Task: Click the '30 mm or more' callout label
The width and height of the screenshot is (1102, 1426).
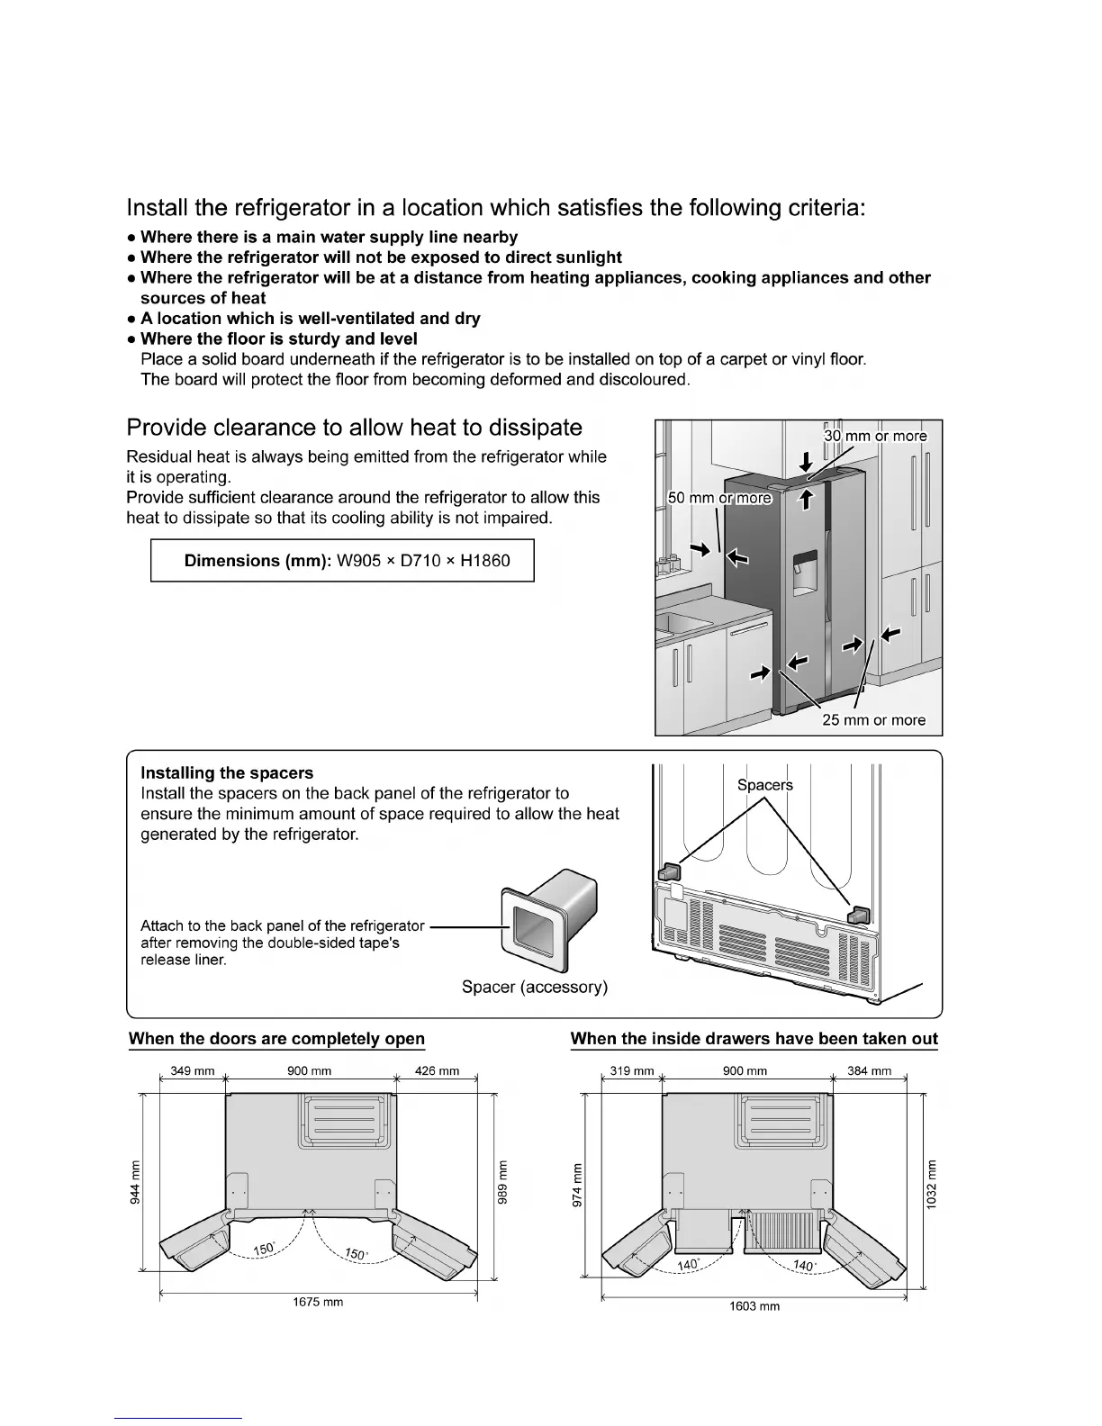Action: [875, 437]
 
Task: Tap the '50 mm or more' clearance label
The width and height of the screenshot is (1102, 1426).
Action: [719, 499]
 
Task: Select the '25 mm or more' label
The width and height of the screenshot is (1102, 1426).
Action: [873, 720]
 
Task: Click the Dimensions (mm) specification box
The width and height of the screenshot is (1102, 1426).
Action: [342, 561]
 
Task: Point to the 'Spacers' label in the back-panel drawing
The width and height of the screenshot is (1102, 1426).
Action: [765, 785]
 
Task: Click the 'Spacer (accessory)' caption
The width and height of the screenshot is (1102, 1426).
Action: [535, 988]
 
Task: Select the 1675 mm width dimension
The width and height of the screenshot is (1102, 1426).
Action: [318, 1303]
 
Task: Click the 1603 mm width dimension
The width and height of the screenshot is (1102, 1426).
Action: [754, 1306]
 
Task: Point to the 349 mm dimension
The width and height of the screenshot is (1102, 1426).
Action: [193, 1071]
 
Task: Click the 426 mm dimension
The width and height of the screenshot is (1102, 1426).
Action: [437, 1071]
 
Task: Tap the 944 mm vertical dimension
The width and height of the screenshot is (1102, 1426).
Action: [135, 1182]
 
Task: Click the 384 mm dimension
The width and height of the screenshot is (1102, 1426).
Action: [869, 1071]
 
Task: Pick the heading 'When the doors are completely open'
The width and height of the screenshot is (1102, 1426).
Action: [276, 1039]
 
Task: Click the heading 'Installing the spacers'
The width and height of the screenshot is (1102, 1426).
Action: [227, 773]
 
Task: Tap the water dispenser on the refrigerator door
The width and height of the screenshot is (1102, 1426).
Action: [804, 575]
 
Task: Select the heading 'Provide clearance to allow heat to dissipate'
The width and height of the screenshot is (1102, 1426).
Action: [354, 428]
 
